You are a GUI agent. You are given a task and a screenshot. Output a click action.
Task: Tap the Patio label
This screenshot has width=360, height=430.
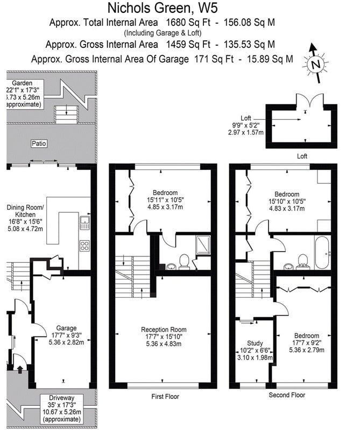point(39,144)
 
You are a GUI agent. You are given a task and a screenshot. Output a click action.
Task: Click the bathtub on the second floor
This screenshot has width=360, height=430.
point(323,253)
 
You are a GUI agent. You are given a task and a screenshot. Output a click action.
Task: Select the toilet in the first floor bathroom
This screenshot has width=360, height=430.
point(183,261)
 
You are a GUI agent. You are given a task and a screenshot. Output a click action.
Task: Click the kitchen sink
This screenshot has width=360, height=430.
point(85,223)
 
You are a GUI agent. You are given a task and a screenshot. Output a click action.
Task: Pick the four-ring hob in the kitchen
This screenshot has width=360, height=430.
point(84,246)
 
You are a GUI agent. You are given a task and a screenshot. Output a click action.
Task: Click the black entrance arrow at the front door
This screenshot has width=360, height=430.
point(20,369)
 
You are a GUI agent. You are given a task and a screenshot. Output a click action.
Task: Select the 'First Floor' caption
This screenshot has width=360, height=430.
point(165,396)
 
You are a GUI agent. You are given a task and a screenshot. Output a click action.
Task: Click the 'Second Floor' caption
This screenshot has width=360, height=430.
point(287,395)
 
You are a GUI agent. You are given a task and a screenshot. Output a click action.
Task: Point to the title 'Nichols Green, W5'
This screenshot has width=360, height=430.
point(163,8)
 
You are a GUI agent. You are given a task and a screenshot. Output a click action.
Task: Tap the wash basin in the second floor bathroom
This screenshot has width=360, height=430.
point(288,266)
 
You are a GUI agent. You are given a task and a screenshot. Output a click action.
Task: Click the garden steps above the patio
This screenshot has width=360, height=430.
point(66,114)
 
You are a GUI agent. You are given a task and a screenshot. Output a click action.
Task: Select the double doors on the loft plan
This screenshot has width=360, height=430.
point(309,101)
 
